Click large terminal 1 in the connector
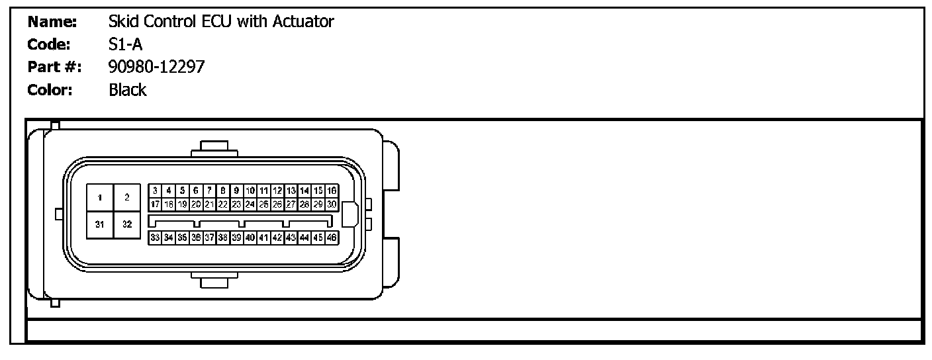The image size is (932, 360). pos(100,197)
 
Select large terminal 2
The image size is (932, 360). pos(126,197)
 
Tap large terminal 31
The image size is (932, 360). pos(100,224)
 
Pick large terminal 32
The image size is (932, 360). pos(126,224)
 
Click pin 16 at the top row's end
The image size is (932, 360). pos(332,191)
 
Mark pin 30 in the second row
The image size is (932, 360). pos(332,204)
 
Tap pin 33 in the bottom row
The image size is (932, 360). pos(155,237)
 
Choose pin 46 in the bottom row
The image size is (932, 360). pos(332,237)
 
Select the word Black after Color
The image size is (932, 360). pos(127,90)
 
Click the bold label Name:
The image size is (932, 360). pos(52,22)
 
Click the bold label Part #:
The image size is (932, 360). pos(55,67)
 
